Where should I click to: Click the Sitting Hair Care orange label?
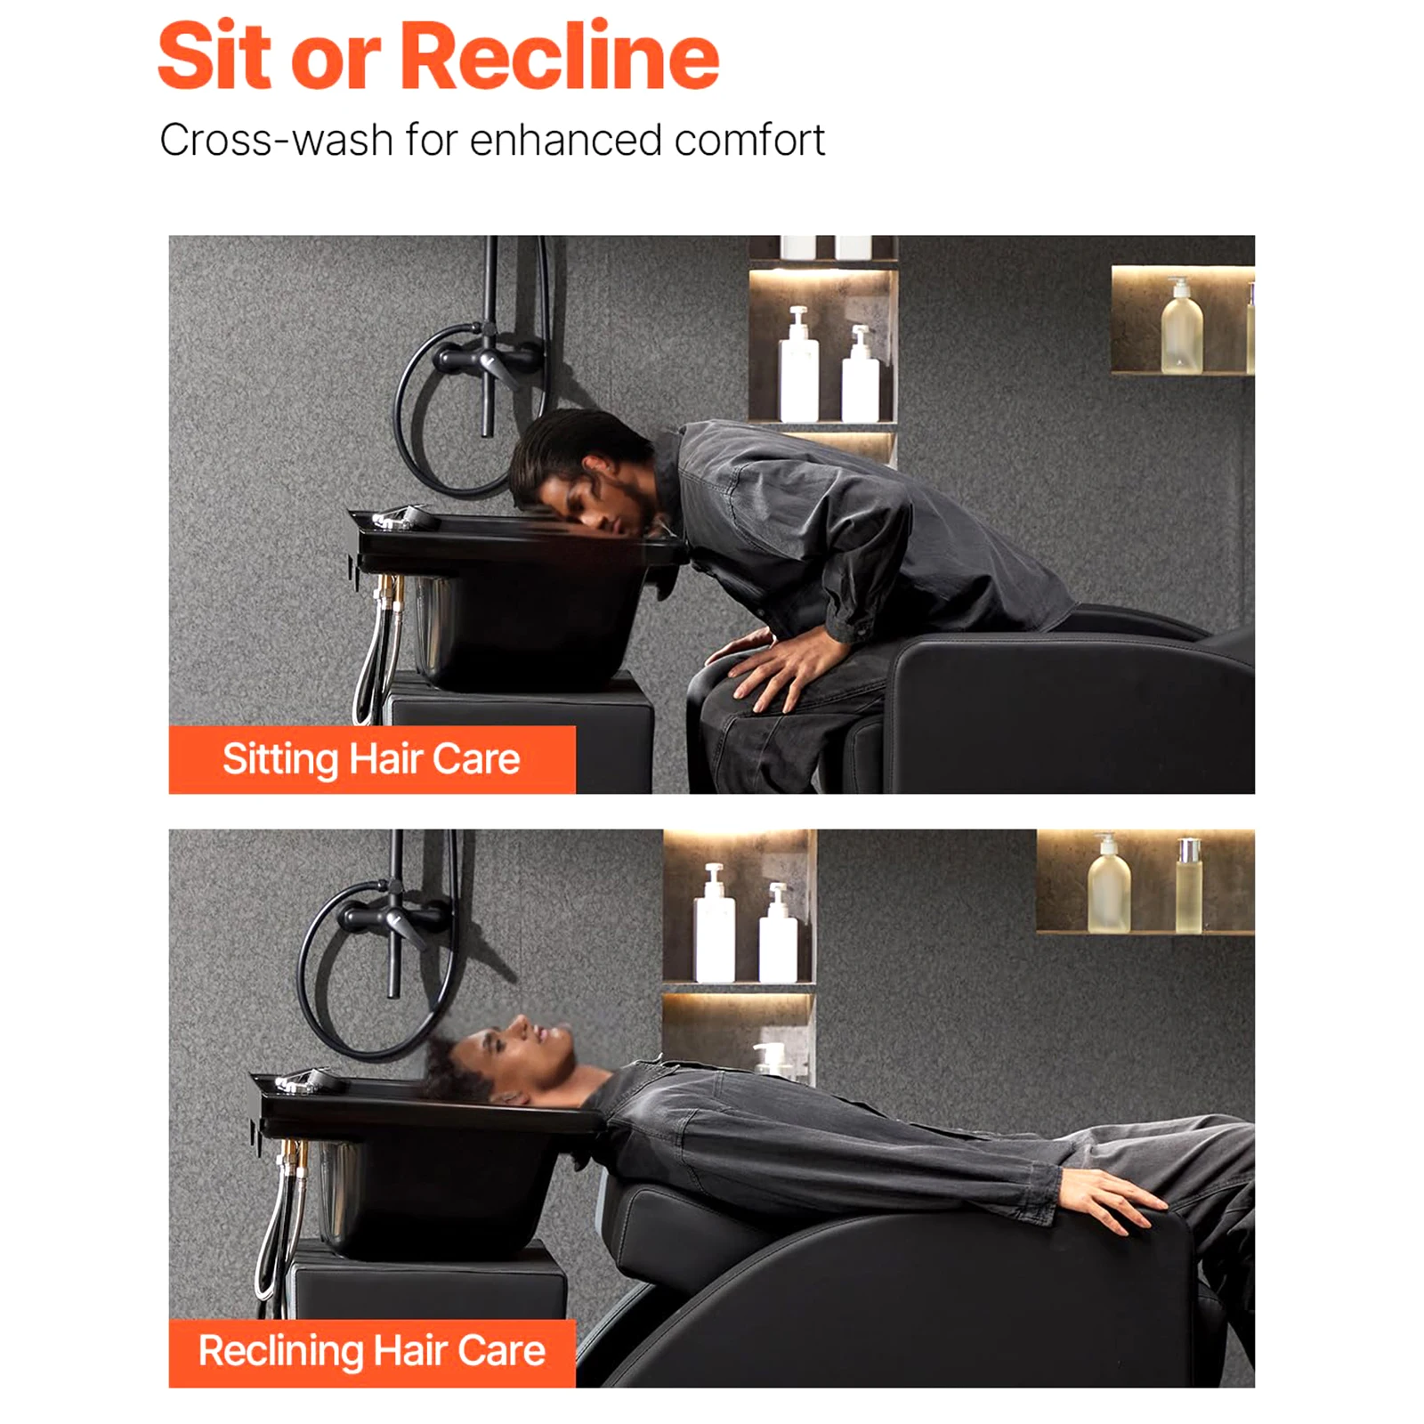[x=372, y=759]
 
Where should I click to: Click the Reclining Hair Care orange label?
[x=372, y=1352]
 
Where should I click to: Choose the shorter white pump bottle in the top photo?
[x=860, y=374]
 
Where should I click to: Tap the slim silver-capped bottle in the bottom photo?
[x=1189, y=886]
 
